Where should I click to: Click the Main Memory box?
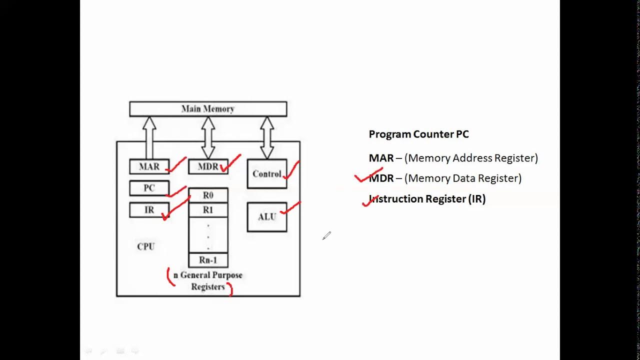(x=208, y=109)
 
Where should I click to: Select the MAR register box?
(x=149, y=166)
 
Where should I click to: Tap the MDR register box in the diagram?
(x=207, y=166)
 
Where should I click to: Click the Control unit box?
(x=266, y=174)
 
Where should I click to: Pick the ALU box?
(x=266, y=217)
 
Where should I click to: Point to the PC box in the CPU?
(x=149, y=188)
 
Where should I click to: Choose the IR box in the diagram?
(x=149, y=210)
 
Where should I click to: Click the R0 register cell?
(x=208, y=195)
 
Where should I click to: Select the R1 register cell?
(x=208, y=210)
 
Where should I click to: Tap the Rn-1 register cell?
(x=208, y=260)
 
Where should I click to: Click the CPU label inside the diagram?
(x=146, y=246)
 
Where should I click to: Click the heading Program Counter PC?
(x=418, y=134)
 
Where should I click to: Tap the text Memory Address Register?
(x=471, y=158)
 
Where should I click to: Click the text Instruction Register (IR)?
(x=427, y=199)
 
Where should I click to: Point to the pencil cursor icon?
(x=326, y=235)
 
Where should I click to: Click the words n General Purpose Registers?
(x=208, y=281)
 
